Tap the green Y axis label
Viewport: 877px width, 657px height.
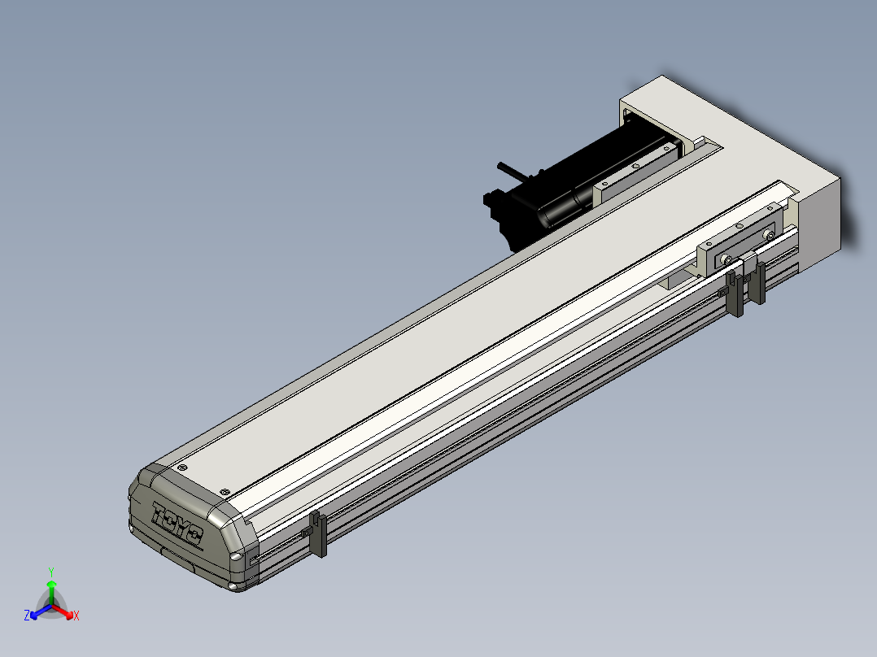(51, 572)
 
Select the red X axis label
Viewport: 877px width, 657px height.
(76, 616)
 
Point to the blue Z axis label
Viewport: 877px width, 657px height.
(27, 616)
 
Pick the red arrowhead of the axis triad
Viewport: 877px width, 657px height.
(69, 614)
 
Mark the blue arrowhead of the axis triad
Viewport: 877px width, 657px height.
(34, 615)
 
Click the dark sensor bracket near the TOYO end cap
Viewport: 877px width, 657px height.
(317, 533)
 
